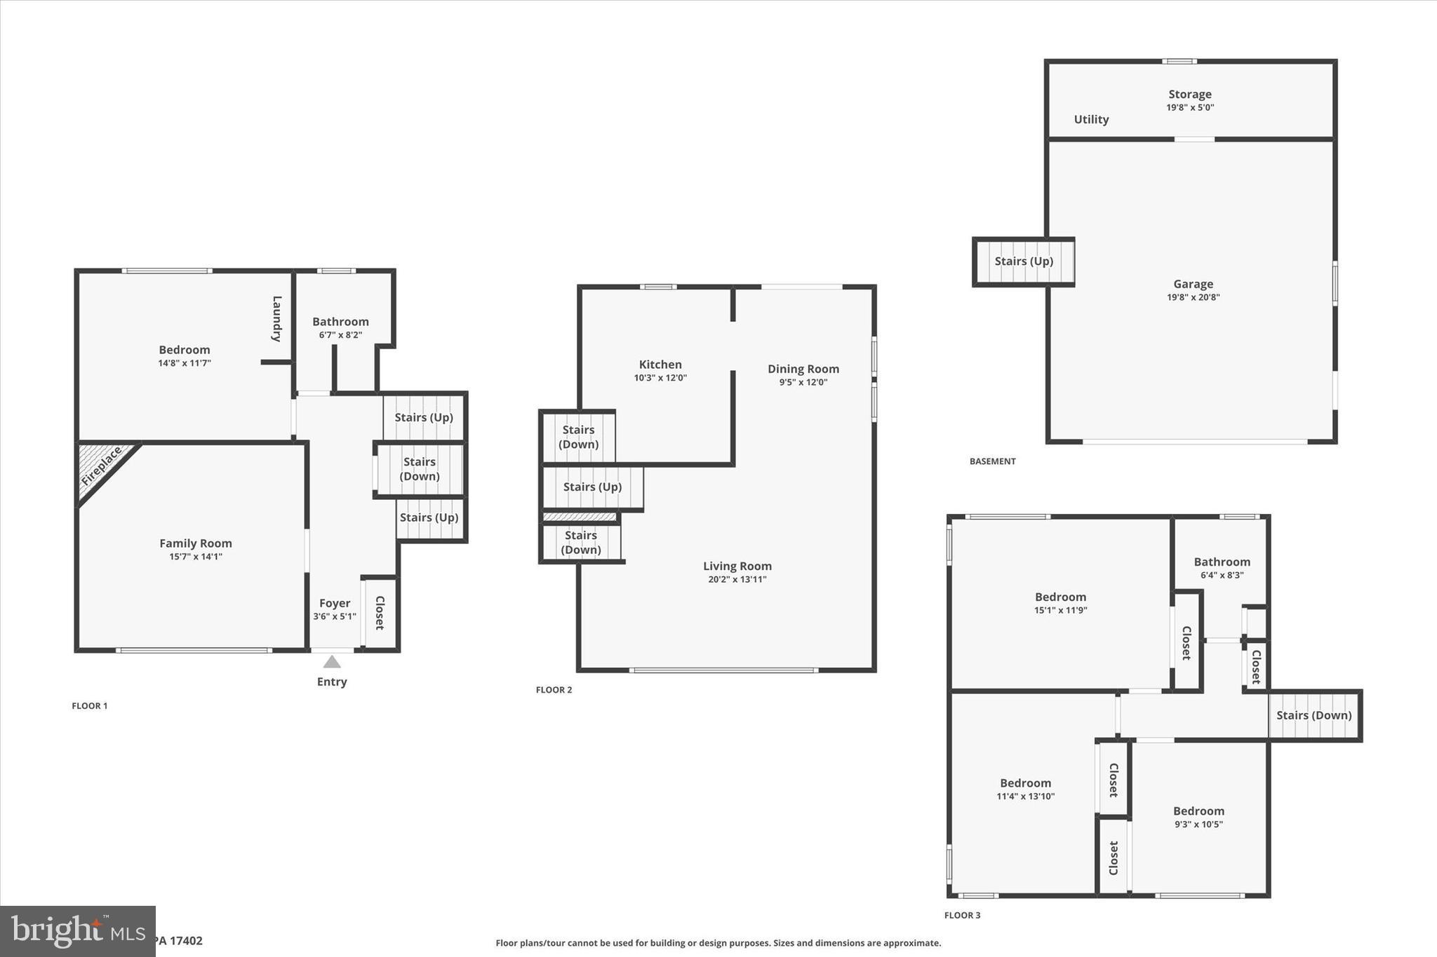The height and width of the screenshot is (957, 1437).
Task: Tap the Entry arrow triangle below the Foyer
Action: tap(332, 662)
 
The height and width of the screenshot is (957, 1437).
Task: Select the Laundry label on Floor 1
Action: tap(276, 319)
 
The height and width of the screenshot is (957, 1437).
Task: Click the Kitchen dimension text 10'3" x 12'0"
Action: tap(660, 378)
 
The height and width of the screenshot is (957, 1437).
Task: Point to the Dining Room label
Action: tap(803, 369)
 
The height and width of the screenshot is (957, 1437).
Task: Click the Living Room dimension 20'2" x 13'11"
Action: tap(737, 579)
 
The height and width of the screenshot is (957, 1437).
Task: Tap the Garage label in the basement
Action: tap(1193, 284)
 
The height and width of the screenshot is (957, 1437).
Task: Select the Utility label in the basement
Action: tap(1091, 119)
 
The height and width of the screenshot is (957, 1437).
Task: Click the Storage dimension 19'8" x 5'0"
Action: tap(1190, 107)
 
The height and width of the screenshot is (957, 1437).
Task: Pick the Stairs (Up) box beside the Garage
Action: tap(1024, 262)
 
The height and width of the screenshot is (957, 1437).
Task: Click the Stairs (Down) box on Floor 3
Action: tap(1314, 715)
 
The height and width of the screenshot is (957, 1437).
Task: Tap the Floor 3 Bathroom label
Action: tap(1222, 562)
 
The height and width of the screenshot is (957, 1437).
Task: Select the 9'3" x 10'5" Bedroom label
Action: tap(1198, 811)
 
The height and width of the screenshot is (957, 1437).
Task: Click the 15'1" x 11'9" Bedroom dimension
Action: tap(1060, 610)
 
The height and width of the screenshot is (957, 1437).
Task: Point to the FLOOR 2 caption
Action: tap(554, 690)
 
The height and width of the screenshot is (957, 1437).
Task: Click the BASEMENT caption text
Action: tap(992, 461)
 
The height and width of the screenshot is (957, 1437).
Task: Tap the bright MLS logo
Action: tap(77, 931)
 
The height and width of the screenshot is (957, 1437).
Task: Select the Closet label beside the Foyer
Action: tap(380, 613)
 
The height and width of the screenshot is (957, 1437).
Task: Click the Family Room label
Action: tap(195, 543)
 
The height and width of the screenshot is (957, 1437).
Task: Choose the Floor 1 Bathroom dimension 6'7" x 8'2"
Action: tap(340, 335)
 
